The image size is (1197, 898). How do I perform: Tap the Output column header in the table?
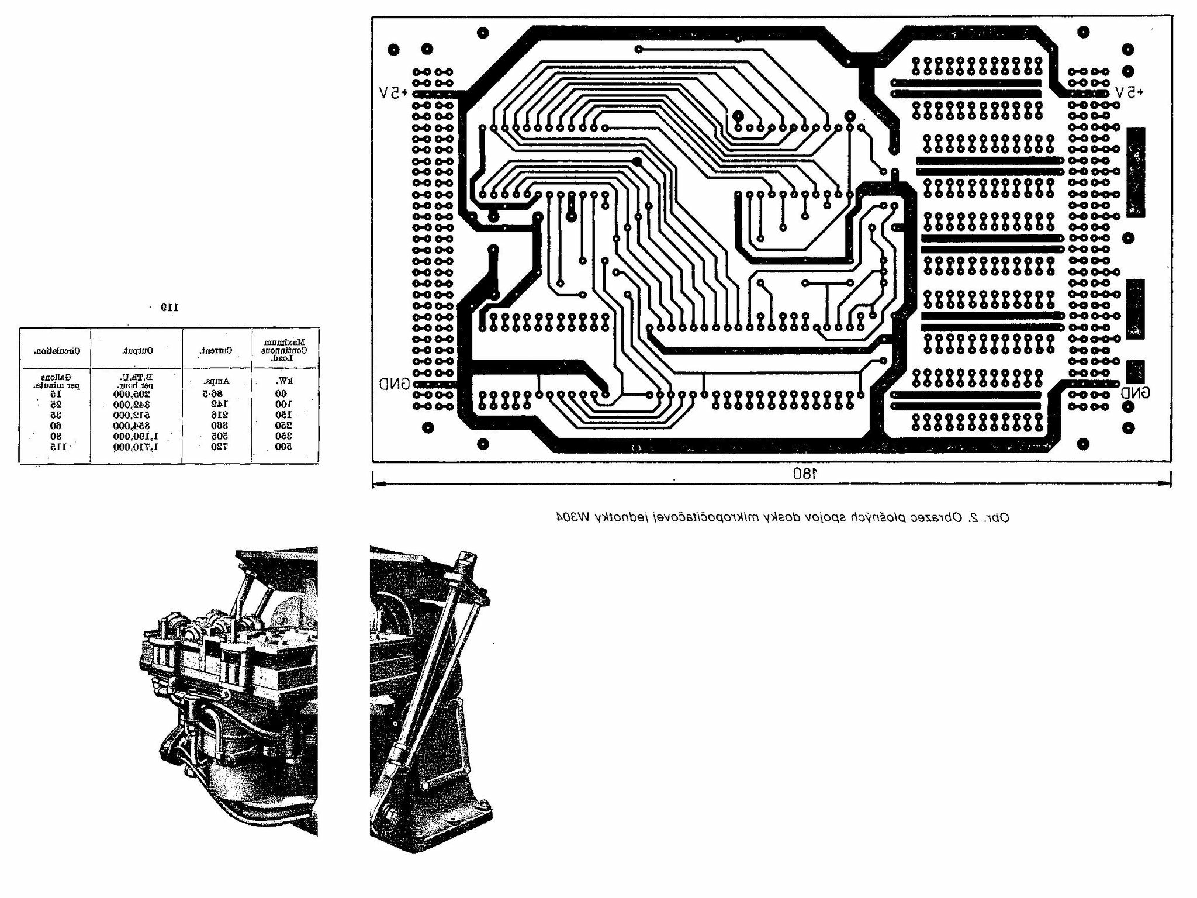click(138, 350)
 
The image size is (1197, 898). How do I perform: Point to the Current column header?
click(216, 351)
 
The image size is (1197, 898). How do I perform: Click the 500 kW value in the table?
click(283, 447)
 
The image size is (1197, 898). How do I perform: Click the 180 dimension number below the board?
click(803, 474)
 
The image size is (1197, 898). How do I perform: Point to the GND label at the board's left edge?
click(394, 384)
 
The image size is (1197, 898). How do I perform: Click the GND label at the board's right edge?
click(1135, 393)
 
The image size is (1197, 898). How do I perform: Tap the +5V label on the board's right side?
click(1129, 92)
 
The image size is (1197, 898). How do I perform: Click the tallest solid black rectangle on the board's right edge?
click(1136, 172)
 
